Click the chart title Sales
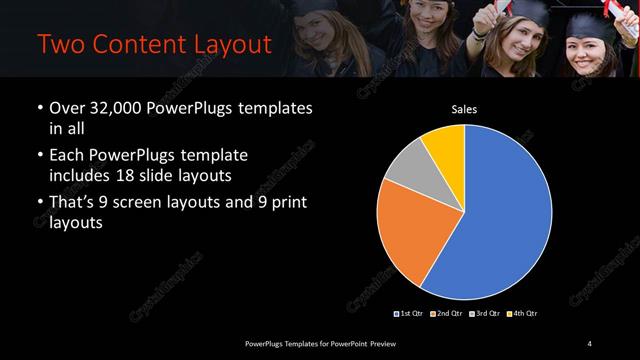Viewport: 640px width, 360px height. tap(463, 111)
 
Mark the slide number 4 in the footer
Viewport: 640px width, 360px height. tap(590, 344)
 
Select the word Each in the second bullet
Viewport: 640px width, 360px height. tap(68, 157)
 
